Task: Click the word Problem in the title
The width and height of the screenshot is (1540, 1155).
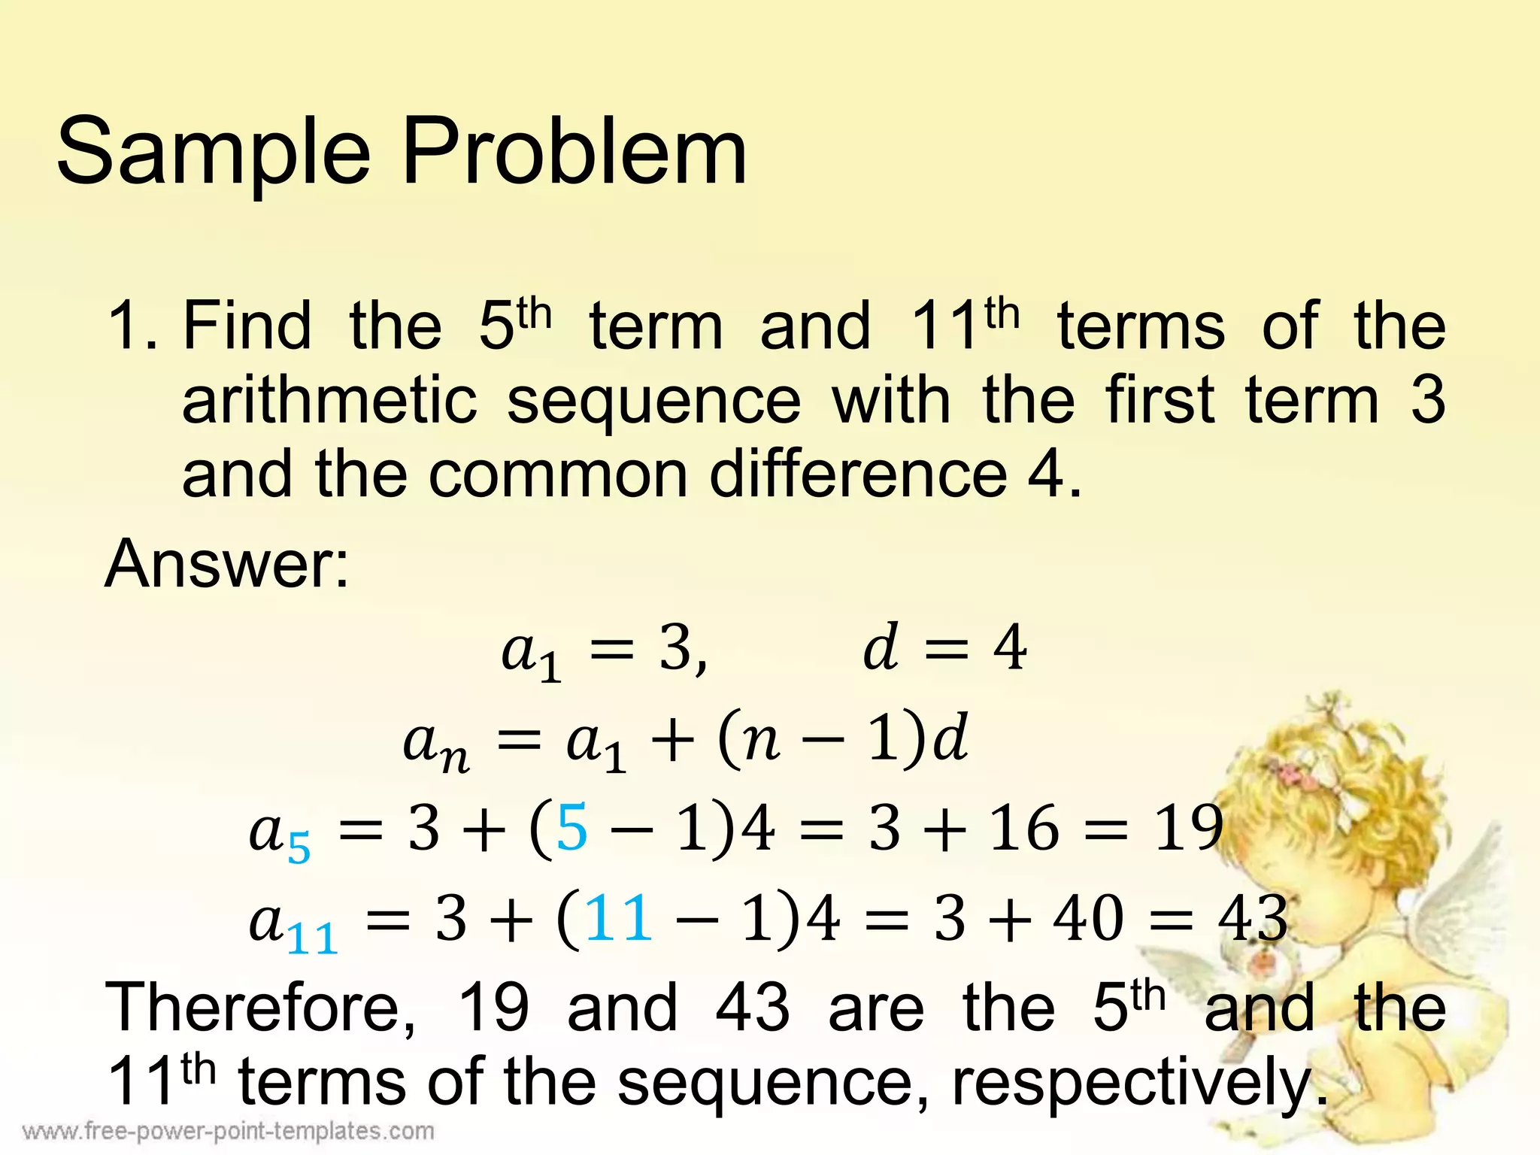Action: pos(574,153)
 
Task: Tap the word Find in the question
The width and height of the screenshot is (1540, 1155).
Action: pos(247,326)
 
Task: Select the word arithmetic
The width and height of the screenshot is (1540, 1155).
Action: pos(329,400)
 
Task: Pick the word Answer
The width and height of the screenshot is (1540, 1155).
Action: pos(226,564)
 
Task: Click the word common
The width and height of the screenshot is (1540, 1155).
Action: pos(558,475)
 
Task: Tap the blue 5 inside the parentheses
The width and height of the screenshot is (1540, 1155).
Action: pos(571,828)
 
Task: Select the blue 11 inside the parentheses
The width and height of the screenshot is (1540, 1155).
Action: pos(618,918)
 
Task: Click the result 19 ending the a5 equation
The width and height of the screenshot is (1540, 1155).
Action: pos(1188,828)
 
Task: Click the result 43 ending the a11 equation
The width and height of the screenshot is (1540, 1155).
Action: pos(1253,918)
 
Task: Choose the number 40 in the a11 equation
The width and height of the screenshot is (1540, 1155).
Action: pos(1088,918)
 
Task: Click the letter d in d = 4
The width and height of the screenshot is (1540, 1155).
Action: pos(881,647)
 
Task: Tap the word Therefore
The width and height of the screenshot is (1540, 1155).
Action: pos(260,1008)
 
